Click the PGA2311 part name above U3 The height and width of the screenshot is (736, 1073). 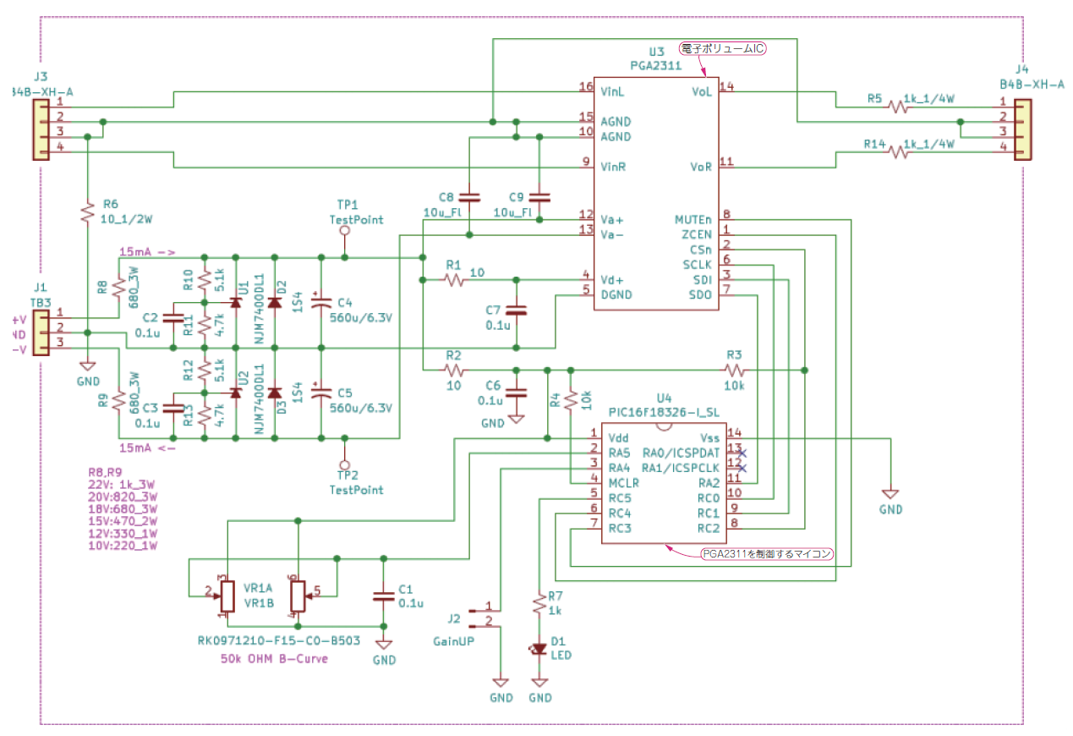click(x=655, y=64)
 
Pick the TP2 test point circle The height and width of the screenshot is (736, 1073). click(x=344, y=464)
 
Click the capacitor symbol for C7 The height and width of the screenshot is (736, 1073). click(x=517, y=311)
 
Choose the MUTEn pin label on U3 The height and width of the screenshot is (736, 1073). click(x=693, y=219)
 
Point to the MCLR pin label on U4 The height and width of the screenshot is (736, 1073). click(x=624, y=482)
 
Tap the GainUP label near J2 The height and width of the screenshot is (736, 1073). click(x=455, y=641)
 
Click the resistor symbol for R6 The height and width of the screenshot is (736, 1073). click(x=87, y=212)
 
